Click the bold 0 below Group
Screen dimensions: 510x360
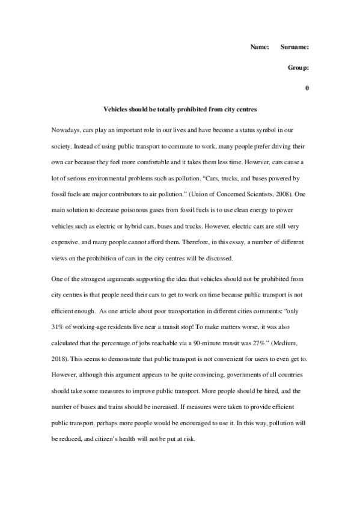307,89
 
